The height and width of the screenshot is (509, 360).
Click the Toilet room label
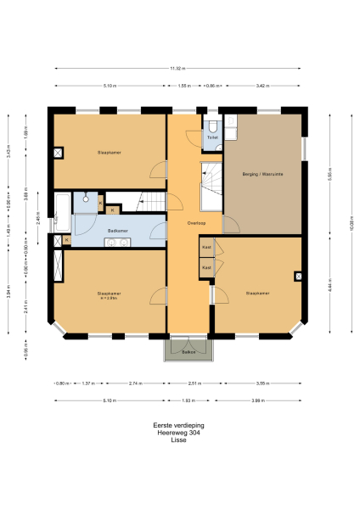pos(212,137)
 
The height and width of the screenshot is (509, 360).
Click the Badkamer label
pos(118,230)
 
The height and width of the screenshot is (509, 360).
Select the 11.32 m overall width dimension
pos(177,69)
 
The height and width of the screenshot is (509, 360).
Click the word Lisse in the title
pos(178,441)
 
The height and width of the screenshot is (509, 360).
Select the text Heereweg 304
pos(178,433)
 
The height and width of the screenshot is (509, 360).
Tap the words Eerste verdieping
pos(178,425)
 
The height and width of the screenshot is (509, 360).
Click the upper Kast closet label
pos(206,247)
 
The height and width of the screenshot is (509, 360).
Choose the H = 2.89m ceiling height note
pos(108,298)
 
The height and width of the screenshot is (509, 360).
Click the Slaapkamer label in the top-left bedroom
pos(110,153)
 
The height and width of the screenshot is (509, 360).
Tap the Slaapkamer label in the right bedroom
pos(257,294)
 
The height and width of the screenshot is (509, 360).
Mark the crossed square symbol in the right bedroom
pos(299,276)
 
